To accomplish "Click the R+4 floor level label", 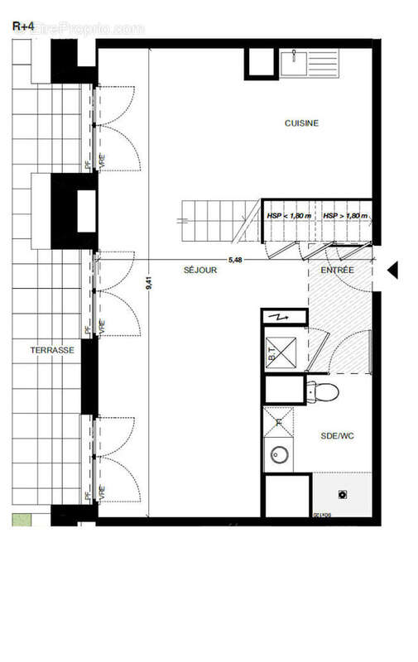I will coord(22,26).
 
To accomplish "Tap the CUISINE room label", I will coord(301,124).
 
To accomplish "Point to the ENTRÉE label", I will coord(337,271).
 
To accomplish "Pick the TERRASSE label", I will coord(52,351).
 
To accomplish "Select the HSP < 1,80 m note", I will coord(289,216).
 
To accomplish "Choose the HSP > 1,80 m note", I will coord(345,216).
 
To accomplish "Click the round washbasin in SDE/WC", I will coord(279,453).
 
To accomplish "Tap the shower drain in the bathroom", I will coord(342,495).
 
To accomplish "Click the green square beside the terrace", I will coord(20,520).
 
